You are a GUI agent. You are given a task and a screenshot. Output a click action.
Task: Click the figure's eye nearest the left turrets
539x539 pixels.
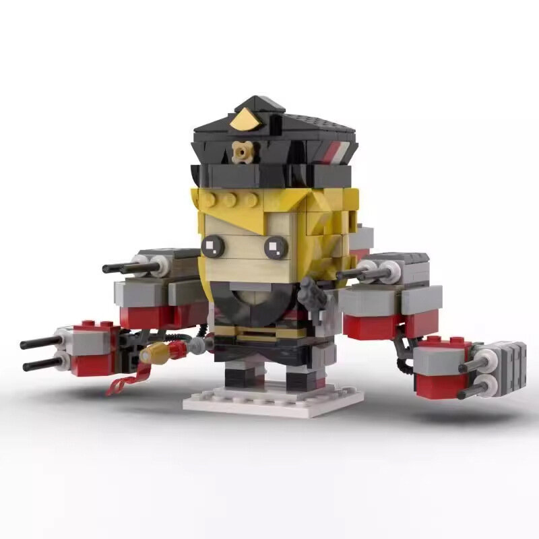(x=212, y=245)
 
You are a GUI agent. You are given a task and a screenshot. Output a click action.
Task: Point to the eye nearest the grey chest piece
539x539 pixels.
(x=275, y=248)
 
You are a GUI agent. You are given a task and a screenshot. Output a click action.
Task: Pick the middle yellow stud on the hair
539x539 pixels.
(x=232, y=200)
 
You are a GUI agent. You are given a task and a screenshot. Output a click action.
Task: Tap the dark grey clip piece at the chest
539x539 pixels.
(x=312, y=290)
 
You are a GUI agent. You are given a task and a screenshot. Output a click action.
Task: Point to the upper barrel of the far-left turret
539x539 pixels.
(x=40, y=343)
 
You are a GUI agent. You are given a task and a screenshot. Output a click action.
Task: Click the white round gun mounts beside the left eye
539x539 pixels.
(x=152, y=265)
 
